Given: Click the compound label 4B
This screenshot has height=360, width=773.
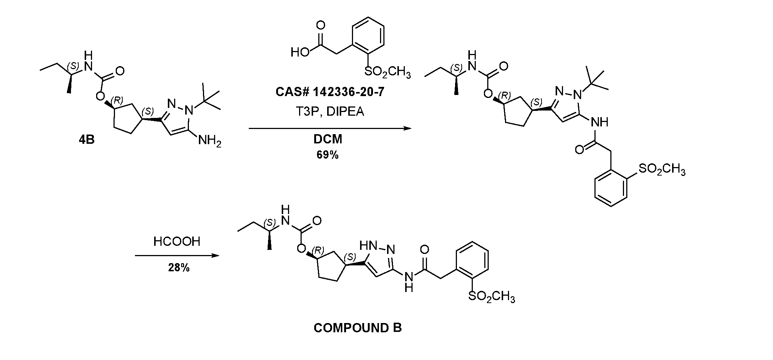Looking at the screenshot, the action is tap(87, 140).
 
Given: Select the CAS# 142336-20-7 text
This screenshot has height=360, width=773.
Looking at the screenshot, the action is tap(330, 92).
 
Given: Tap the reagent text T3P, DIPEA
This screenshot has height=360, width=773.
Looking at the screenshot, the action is tap(330, 111).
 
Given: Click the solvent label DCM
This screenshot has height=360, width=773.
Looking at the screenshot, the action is tap(328, 139).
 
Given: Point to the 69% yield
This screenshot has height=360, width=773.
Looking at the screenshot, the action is tap(328, 155).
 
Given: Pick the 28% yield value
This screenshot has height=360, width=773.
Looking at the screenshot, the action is tap(179, 268).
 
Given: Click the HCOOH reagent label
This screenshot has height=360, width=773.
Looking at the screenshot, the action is tap(177, 241).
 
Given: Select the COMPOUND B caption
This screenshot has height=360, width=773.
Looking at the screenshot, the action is tap(357, 327).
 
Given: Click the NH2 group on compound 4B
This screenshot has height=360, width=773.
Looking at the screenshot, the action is tap(210, 141).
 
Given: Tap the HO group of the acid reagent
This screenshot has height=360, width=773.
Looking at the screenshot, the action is tap(300, 52).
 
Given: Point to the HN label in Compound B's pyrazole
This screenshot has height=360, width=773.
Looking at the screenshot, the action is tap(368, 245).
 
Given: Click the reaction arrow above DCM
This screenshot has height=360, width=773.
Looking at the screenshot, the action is tap(330, 128).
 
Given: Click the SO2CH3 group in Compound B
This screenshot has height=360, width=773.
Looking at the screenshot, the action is tap(491, 297).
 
